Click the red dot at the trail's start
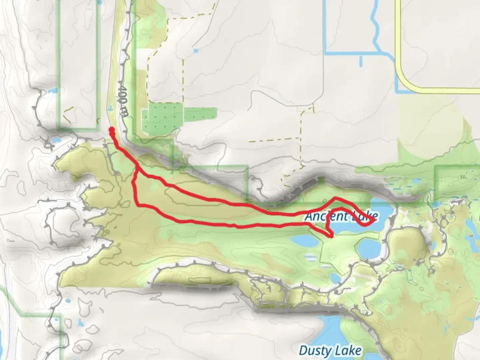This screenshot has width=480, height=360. coord(111,130)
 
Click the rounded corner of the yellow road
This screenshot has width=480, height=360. coord(403,83)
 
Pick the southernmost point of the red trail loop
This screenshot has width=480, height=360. coord(331,236)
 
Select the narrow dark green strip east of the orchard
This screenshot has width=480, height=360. coord(201,114)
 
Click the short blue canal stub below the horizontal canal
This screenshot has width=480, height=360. coord(361,61)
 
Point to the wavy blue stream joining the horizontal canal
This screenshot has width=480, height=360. coord(375,27)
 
